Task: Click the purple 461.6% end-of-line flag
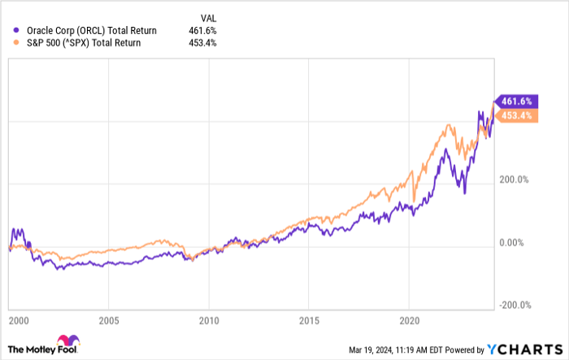(x=515, y=101)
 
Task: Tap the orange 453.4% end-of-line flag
(x=515, y=115)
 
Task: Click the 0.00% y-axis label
(x=511, y=242)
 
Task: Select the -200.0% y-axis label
(x=514, y=305)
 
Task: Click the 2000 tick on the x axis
(x=18, y=319)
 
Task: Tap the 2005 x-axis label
(x=109, y=319)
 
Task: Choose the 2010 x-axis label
(x=210, y=319)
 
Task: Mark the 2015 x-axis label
(x=310, y=319)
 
